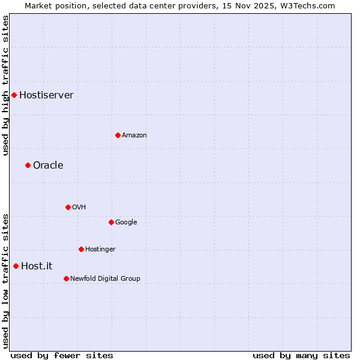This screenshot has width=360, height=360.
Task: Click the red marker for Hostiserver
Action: coord(14,95)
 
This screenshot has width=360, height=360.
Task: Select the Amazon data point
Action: coord(118,135)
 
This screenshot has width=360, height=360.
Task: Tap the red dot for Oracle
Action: coord(28,165)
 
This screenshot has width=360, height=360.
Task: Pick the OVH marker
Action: coord(68,207)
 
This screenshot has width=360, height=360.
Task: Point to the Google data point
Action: coord(111,222)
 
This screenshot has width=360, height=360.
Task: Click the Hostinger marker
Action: coord(81,249)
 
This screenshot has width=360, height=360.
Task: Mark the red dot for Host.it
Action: coord(16,266)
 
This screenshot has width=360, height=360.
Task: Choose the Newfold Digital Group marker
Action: coord(66,278)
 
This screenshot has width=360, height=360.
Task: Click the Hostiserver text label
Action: coord(46,95)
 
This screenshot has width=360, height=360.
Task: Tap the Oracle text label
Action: coord(48,165)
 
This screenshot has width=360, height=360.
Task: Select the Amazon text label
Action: coord(134,135)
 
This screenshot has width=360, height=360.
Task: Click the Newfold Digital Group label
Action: coord(105,278)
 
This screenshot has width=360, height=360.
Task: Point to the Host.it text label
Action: coord(37,266)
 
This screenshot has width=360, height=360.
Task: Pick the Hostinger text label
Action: coord(100,249)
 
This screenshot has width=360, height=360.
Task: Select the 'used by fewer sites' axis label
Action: coord(62,355)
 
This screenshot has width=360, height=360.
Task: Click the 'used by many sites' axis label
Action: coord(301,355)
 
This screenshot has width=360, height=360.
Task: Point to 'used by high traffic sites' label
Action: coord(5,85)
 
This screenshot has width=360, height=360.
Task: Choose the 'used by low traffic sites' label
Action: coord(5,281)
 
